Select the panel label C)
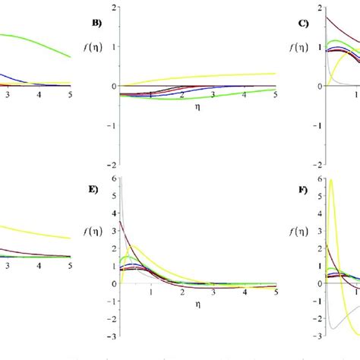[x=302, y=24]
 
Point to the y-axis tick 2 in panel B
[x=113, y=8]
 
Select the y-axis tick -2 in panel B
[x=111, y=165]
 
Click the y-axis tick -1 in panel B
[x=111, y=126]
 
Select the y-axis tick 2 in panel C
[x=319, y=8]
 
